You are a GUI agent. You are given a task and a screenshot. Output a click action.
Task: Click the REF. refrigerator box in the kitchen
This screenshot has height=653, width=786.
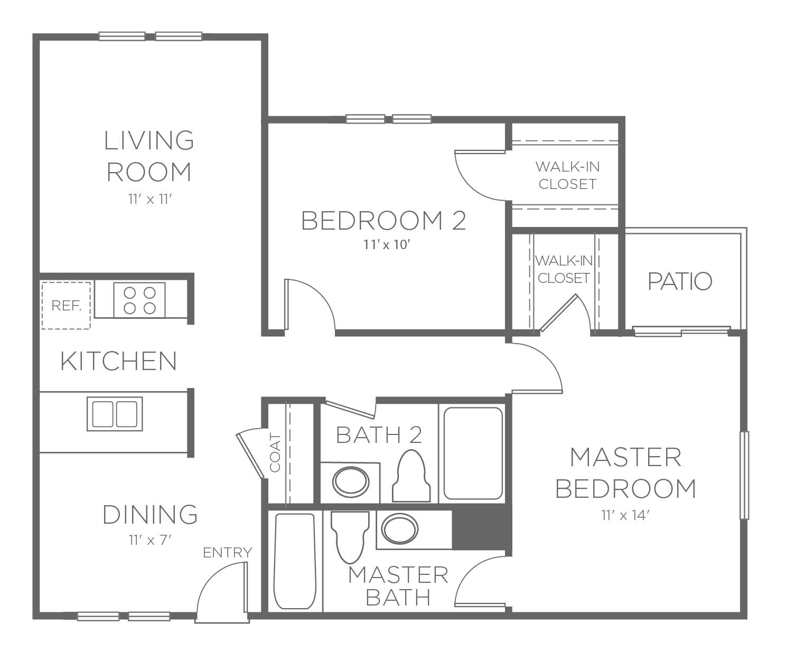pos(66,306)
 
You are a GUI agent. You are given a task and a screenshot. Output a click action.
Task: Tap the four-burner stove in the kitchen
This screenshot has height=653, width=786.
pos(139,300)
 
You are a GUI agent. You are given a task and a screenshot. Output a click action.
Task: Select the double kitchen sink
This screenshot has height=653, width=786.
pos(115,414)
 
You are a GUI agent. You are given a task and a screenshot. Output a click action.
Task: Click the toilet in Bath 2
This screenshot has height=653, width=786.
pos(411,476)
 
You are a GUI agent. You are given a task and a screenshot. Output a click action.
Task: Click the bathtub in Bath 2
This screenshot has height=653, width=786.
pos(473,453)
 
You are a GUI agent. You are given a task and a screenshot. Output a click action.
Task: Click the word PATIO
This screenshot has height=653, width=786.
pos(680,281)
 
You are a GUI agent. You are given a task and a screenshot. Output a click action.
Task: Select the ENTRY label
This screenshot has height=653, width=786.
pos(227,553)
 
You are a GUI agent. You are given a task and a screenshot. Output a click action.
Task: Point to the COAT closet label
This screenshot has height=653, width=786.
pos(275,453)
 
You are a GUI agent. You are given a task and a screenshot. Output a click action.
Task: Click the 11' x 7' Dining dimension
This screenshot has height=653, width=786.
pos(150,541)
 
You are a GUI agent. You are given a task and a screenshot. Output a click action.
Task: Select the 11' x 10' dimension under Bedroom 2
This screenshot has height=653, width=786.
pos(386,245)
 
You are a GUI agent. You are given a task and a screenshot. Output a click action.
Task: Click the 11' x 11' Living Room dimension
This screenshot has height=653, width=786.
pos(150,199)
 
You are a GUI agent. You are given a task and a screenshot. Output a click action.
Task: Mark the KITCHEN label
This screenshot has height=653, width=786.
pos(118,361)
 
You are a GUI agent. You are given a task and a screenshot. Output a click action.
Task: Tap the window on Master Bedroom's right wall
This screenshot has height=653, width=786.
pos(744,476)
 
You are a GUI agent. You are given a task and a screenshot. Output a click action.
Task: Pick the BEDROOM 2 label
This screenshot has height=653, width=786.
pos(383,221)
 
